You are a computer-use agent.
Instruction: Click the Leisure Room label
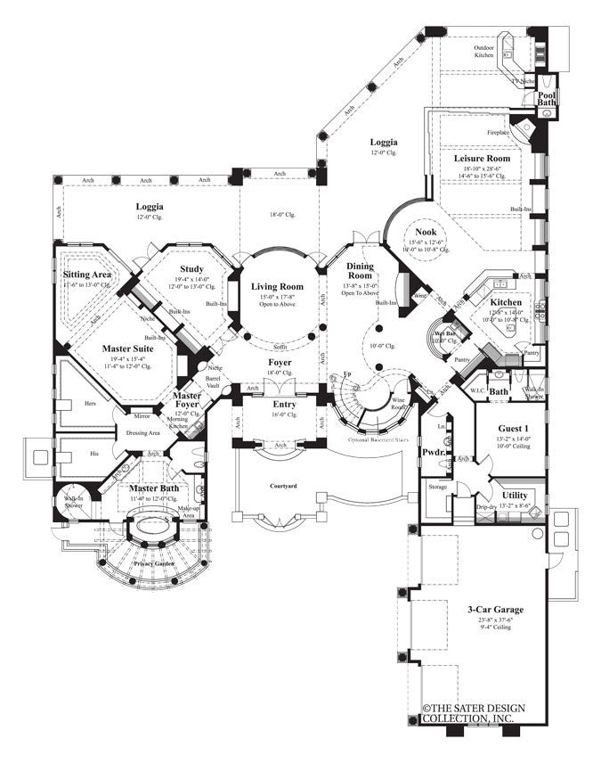point(482,158)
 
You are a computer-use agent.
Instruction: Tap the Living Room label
point(277,286)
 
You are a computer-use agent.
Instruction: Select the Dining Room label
point(361,271)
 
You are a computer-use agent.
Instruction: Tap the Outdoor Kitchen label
point(483,51)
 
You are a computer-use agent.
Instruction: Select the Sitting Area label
point(86,275)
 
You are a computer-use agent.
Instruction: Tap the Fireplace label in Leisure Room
point(499,132)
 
